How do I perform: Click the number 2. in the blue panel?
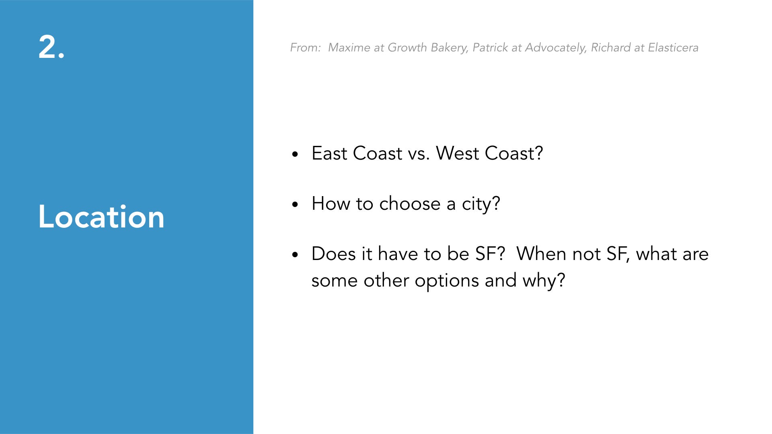tap(51, 47)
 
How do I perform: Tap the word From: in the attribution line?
tap(306, 47)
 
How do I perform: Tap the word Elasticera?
tap(673, 47)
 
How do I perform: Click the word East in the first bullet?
tap(329, 153)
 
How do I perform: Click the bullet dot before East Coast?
tap(295, 154)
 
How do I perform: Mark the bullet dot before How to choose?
tap(295, 204)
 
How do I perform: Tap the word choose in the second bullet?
tap(410, 203)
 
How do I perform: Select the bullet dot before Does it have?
tap(295, 254)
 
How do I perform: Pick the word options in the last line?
tap(447, 281)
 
